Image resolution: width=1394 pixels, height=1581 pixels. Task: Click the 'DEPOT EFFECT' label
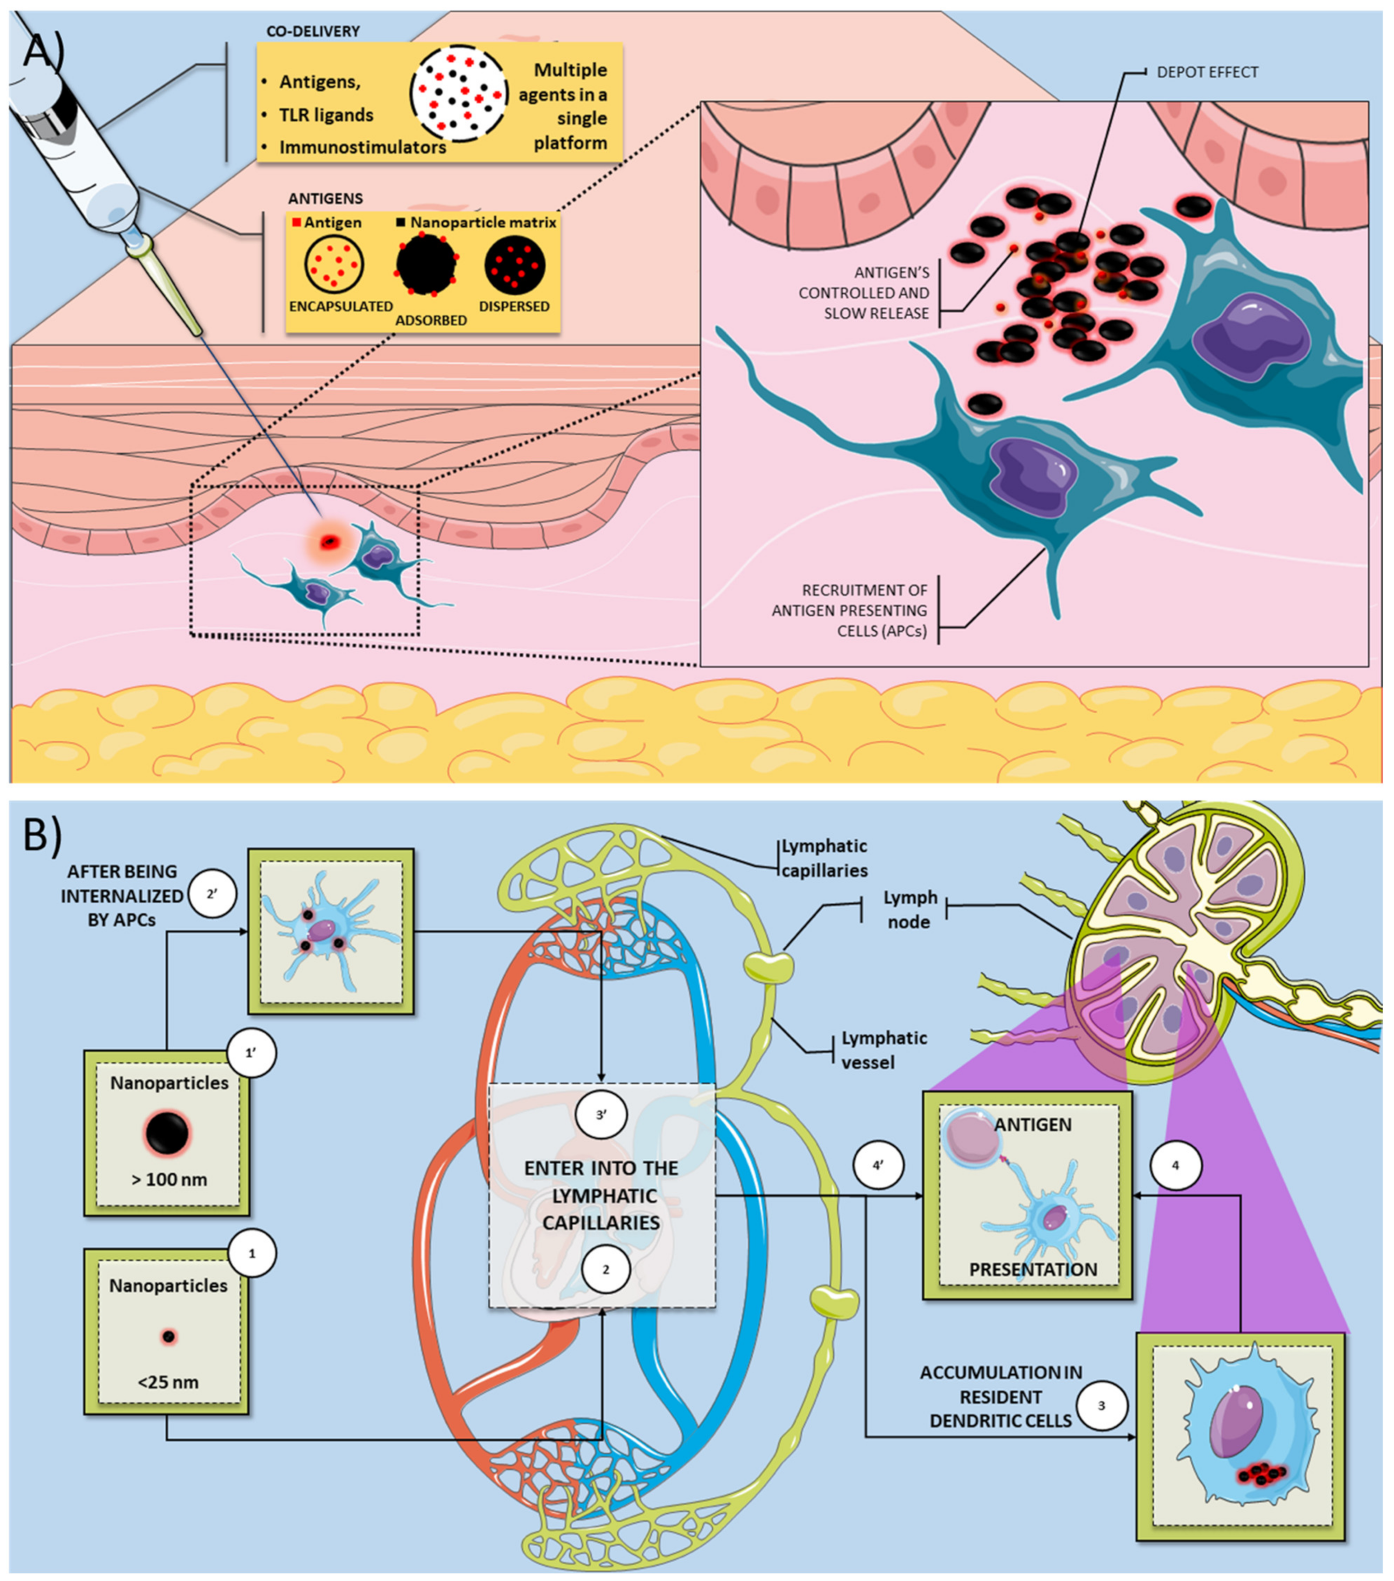(x=1207, y=72)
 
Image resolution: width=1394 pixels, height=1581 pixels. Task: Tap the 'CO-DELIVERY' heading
(x=313, y=31)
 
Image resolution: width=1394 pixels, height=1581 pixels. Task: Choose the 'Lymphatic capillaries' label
(x=824, y=858)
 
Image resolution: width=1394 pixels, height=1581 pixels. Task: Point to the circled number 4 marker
(x=1175, y=1165)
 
